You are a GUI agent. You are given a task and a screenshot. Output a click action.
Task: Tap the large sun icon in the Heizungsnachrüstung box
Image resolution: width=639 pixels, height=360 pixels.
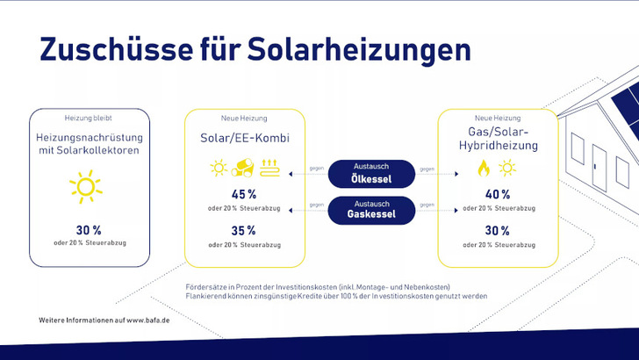[x=86, y=187]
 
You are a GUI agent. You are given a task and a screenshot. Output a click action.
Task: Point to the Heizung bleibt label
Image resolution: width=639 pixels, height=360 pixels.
[x=88, y=118]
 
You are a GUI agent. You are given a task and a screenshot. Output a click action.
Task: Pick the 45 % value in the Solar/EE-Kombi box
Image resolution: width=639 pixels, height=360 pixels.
[x=244, y=194]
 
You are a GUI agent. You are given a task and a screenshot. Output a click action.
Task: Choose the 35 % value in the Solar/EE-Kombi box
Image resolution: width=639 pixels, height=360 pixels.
[x=244, y=230]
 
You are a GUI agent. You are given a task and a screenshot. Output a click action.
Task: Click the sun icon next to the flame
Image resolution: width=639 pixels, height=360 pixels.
[x=507, y=169]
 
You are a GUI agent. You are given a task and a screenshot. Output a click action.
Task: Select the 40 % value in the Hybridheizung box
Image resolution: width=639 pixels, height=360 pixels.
[x=496, y=194]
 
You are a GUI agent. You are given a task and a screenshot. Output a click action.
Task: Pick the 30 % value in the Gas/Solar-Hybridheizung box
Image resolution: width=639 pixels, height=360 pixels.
[x=496, y=230]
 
